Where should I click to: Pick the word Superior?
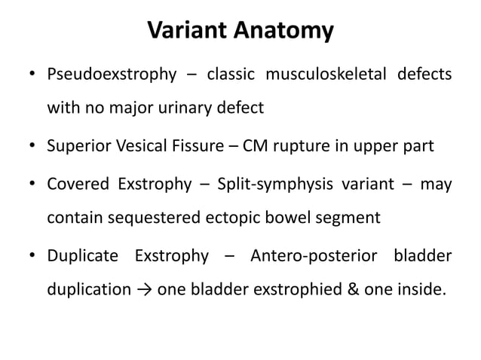(x=78, y=145)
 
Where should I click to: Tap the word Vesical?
(x=139, y=145)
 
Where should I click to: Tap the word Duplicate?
(x=83, y=256)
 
